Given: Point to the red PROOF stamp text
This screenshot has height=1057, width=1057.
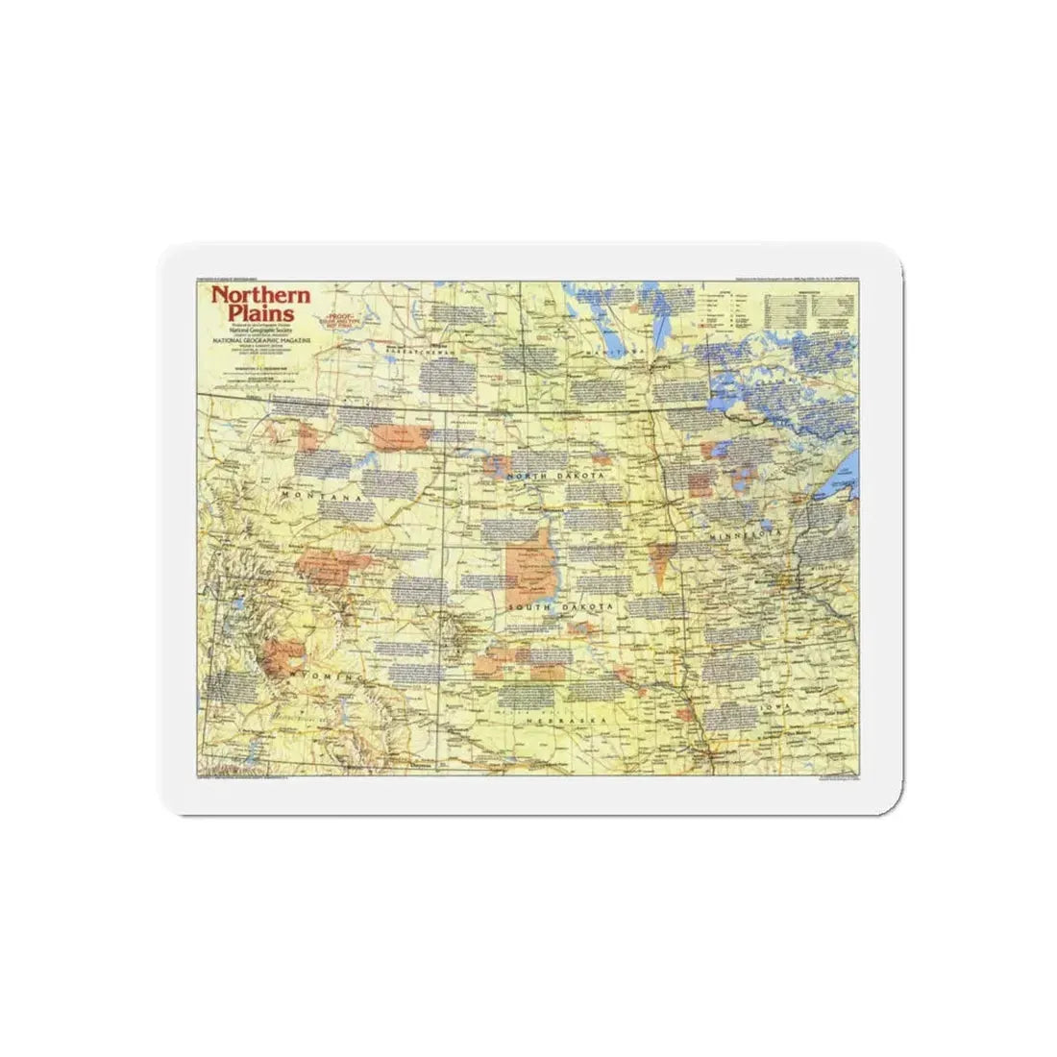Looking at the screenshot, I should coord(339,321).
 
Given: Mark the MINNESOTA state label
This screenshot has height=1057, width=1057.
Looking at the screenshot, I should coord(746,531).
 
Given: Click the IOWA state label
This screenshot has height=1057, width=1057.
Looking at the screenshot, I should coord(774,706).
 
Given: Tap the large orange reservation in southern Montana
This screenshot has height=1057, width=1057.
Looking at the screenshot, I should coord(336,566).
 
